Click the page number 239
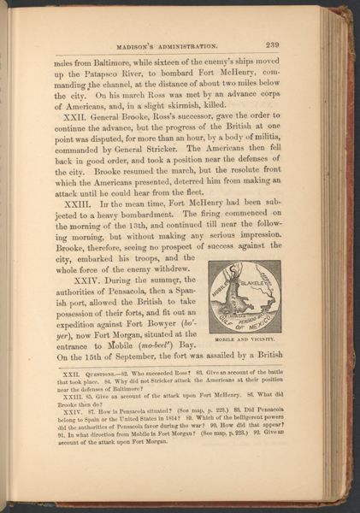click(296, 46)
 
